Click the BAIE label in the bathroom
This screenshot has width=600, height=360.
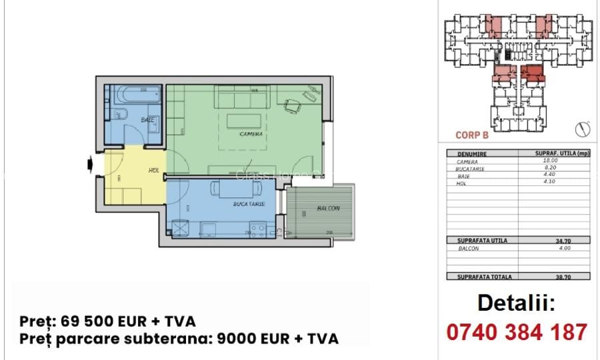tap(148, 120)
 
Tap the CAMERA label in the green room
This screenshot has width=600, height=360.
tap(251, 134)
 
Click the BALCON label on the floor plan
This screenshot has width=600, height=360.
tap(328, 209)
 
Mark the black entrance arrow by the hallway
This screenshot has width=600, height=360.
tap(89, 164)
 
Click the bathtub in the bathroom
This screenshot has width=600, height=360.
tap(133, 95)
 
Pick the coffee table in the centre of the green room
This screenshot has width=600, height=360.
tap(244, 121)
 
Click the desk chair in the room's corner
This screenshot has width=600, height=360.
tap(292, 105)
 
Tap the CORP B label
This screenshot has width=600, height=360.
tap(472, 135)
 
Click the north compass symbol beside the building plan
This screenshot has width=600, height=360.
tap(582, 128)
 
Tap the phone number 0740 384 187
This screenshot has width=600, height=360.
tap(516, 331)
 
